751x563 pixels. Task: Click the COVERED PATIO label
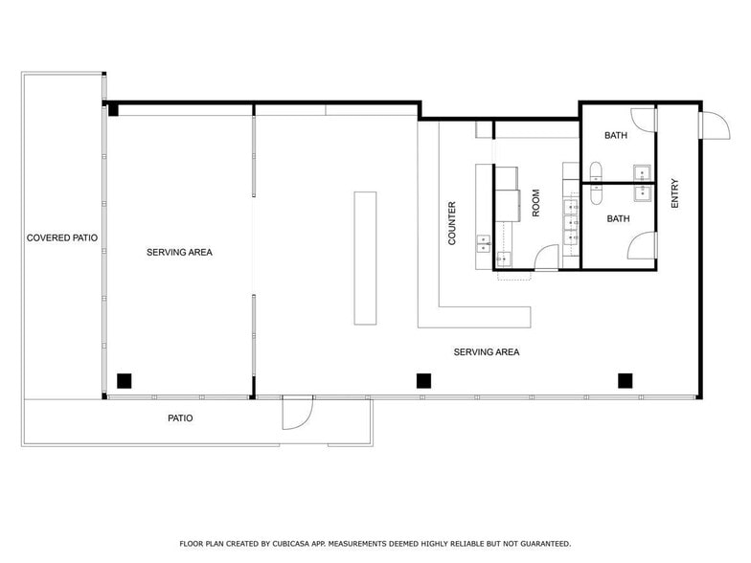(x=62, y=237)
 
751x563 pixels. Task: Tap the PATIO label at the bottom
(x=180, y=418)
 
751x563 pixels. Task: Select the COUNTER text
(x=452, y=222)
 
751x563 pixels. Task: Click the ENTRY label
(x=675, y=194)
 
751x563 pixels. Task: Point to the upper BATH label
(x=616, y=136)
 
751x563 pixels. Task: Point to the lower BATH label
(x=619, y=219)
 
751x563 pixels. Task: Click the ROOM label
(x=536, y=203)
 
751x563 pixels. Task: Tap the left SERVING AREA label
(x=179, y=253)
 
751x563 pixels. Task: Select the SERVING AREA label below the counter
(x=487, y=352)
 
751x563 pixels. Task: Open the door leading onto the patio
(x=297, y=414)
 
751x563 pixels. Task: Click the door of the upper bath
(x=644, y=120)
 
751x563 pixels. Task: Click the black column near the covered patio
(x=124, y=380)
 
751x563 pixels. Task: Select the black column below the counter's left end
(x=423, y=380)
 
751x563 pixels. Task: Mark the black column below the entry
(x=625, y=380)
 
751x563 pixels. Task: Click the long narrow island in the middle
(x=365, y=258)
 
